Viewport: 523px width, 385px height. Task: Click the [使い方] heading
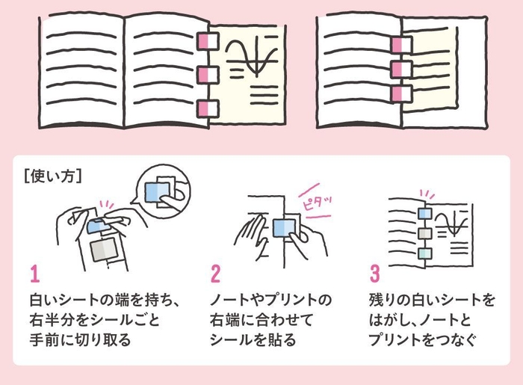(x=53, y=177)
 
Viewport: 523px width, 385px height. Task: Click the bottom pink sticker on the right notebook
(x=402, y=93)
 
